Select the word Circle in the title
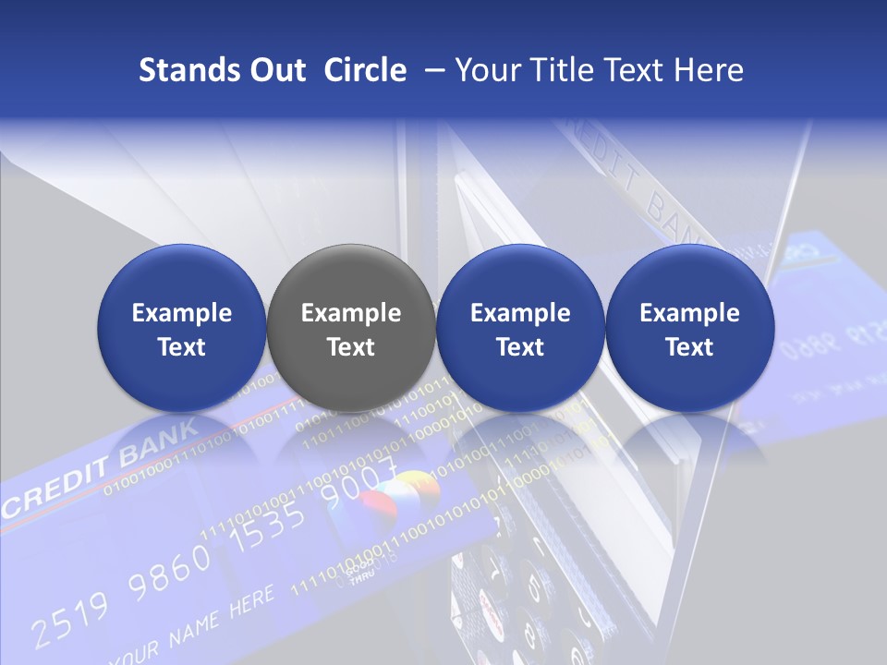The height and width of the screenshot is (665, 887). click(365, 70)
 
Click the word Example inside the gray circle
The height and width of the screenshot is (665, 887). click(350, 313)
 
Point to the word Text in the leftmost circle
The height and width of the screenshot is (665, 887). click(181, 347)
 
